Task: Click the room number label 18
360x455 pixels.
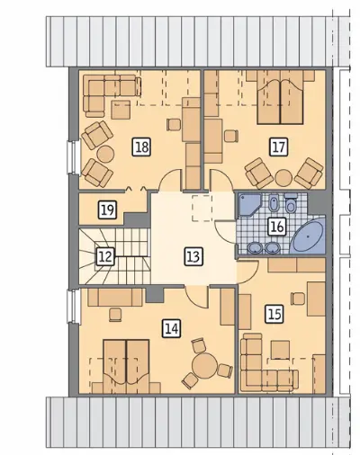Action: pos(141,147)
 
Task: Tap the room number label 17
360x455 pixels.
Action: pos(279,147)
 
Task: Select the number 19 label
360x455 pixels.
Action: pos(107,210)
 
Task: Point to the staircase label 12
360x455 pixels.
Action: pos(105,256)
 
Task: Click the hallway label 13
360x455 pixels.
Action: pos(193,256)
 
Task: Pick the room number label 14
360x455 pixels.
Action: pos(172,329)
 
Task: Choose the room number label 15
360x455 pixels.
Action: pos(274,314)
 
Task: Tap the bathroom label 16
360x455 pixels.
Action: pos(277,227)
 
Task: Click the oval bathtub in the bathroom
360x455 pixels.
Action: pos(309,236)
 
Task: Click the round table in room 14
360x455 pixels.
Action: pos(205,365)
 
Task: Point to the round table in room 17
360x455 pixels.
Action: pos(283,178)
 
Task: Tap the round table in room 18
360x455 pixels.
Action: pos(105,154)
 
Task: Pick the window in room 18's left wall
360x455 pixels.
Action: pos(73,157)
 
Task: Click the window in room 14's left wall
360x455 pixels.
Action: pos(73,306)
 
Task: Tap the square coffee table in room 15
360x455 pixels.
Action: pos(281,350)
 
